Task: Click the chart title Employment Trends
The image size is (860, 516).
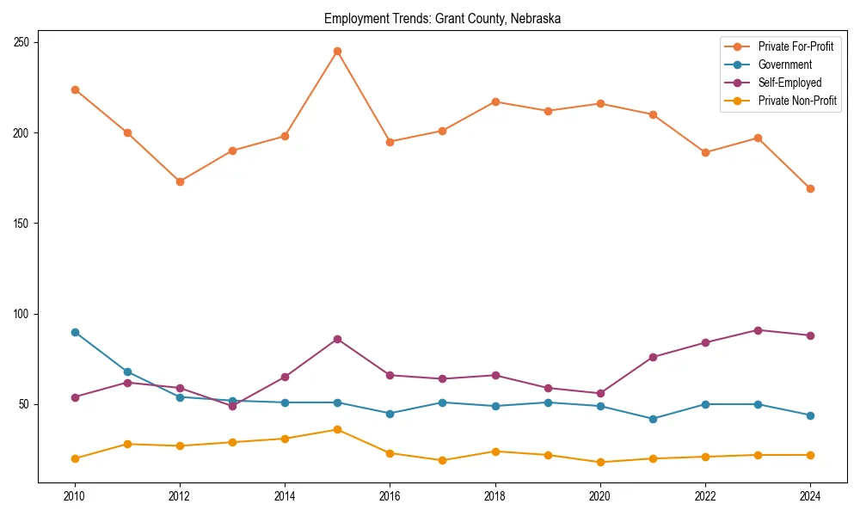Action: pos(442,19)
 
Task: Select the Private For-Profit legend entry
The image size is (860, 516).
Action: pos(795,46)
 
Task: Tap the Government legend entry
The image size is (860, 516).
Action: pos(784,64)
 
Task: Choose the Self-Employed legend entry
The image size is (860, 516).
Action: pos(789,83)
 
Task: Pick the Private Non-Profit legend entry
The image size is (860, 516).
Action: pos(797,101)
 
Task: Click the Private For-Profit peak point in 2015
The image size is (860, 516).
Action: pos(337,51)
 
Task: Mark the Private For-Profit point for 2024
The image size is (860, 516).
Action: pos(810,188)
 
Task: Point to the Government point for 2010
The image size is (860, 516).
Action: pos(75,332)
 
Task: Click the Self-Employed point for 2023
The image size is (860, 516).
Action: pos(758,330)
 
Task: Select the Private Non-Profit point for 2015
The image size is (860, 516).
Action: pos(337,429)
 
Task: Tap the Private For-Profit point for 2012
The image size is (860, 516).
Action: pos(180,181)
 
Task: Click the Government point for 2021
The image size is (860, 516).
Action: pos(653,419)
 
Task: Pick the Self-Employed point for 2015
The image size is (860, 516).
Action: pos(337,339)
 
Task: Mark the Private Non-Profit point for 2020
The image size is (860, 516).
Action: pos(600,462)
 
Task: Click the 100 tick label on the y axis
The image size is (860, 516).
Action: pos(26,314)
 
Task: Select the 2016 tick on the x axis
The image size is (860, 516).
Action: pos(390,495)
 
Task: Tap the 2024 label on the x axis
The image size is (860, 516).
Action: pos(810,495)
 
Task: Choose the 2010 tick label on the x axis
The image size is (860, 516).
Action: pos(75,495)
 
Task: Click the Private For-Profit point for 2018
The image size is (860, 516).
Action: pos(495,101)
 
